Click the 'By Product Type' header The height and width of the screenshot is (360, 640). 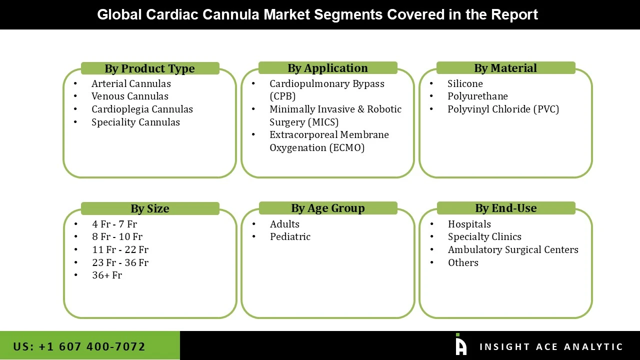[x=149, y=68]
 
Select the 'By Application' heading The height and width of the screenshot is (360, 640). [x=327, y=68]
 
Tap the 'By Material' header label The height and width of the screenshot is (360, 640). [x=505, y=68]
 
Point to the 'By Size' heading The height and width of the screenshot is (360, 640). [x=149, y=208]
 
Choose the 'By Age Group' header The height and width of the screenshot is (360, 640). [x=327, y=208]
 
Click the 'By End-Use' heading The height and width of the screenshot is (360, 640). [x=505, y=208]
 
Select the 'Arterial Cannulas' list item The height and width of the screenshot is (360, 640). [x=131, y=83]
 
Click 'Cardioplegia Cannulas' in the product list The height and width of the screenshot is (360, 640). [x=142, y=109]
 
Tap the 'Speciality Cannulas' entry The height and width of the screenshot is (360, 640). [x=135, y=122]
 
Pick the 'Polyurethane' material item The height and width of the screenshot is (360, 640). [x=477, y=96]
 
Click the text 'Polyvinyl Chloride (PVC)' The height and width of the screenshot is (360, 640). [x=503, y=109]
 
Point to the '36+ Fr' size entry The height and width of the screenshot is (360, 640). [x=107, y=275]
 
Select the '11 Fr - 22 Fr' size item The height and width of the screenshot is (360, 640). [x=120, y=249]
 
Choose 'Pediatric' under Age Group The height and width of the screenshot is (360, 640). [x=290, y=236]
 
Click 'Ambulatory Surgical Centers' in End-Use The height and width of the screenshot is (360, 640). [x=513, y=249]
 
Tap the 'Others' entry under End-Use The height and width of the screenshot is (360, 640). [x=463, y=262]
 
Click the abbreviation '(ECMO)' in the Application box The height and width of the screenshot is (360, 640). [x=346, y=147]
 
